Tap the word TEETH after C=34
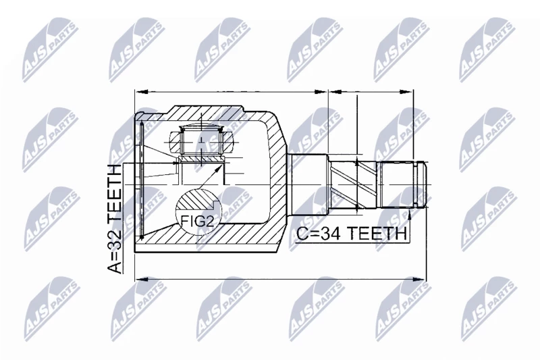tap(376, 234)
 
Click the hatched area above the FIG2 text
tap(196, 203)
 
